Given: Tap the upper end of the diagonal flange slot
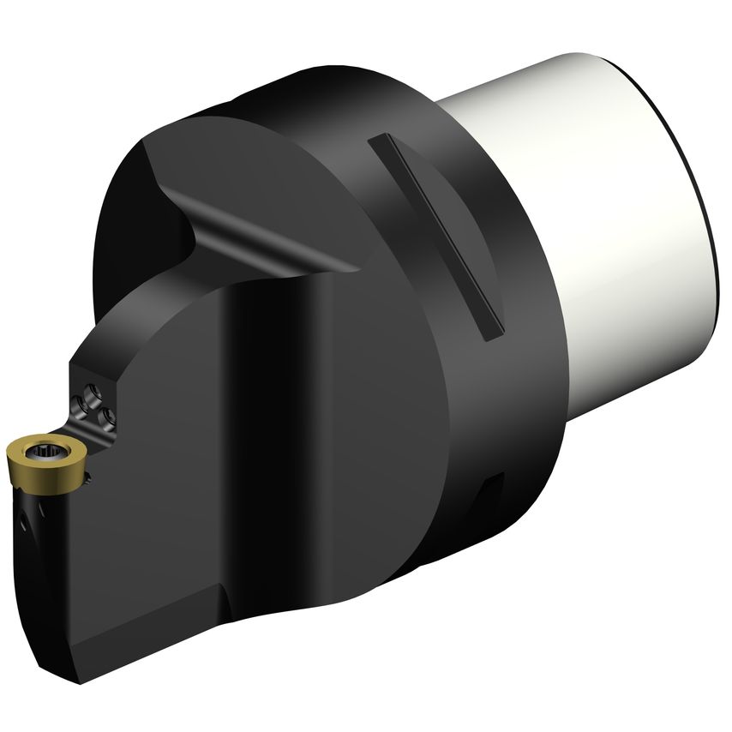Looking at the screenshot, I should coord(377,141).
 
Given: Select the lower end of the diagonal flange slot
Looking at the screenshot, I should coord(493,334).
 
